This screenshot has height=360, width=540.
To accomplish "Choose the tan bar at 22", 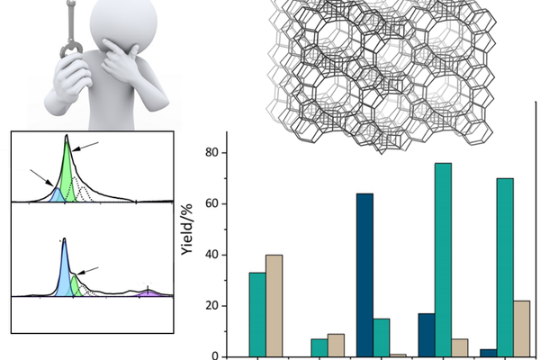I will point(522,328).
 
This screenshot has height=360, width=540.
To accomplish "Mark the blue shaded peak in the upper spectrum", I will point(55,193).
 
